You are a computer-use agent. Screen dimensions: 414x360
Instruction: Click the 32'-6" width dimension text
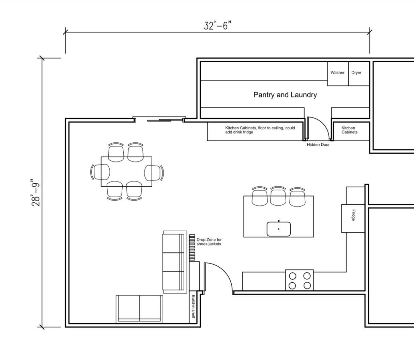pos(217,26)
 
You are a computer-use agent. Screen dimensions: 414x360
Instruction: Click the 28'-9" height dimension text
pos(36,192)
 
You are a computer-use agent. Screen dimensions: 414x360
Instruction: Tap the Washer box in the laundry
pos(338,74)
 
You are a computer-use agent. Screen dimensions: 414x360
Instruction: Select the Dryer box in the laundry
pos(359,74)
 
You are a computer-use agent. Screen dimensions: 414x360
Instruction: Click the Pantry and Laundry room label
pos(285,95)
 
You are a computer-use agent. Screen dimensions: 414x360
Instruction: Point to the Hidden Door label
pos(318,145)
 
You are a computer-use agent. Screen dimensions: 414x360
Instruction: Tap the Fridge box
pos(353,218)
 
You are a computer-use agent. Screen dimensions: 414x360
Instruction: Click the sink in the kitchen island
pos(279,229)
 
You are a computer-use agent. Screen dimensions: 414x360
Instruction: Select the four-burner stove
pos(300,280)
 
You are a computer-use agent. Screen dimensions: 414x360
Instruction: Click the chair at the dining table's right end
pos(154,173)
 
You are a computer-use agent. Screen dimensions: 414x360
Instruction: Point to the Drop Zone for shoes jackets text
pos(209,242)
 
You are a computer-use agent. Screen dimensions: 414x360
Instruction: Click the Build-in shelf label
pos(193,307)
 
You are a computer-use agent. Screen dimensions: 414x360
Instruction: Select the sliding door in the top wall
pos(159,120)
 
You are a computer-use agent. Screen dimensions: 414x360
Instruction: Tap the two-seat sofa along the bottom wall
pos(139,309)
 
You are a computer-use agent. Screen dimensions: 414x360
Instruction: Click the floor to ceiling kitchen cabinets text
pos(260,130)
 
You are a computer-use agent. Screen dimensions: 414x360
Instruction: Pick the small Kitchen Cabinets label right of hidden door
pos(350,130)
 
